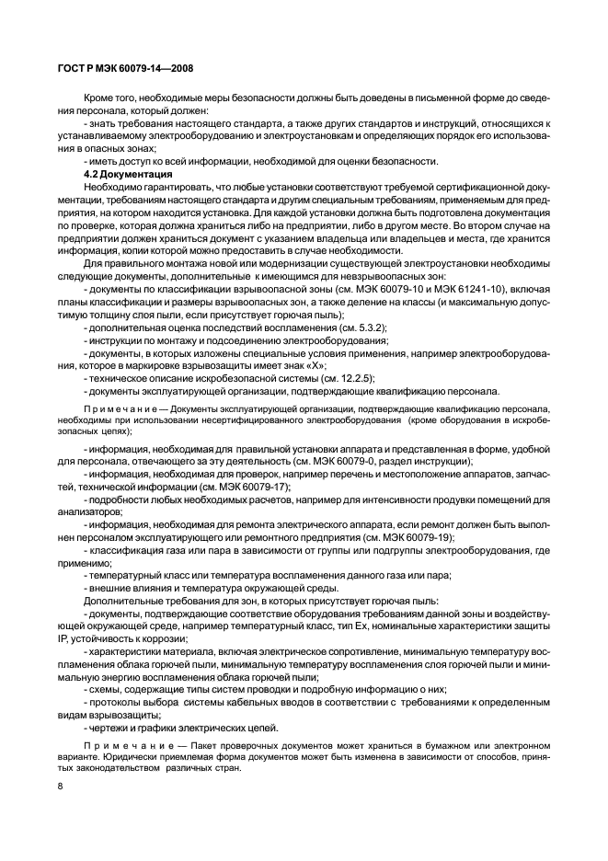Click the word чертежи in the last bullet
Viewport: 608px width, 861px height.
(110, 726)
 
